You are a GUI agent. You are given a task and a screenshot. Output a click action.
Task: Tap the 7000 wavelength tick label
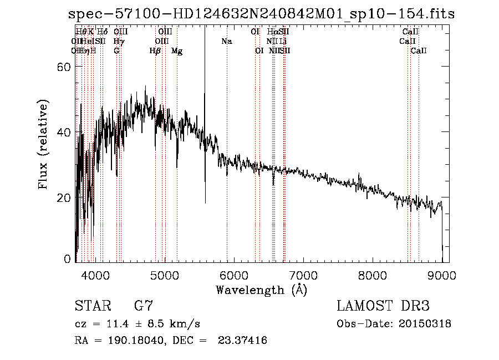303,275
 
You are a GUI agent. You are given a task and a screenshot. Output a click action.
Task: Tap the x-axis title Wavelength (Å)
261,290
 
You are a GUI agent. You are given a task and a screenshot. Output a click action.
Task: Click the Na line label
226,41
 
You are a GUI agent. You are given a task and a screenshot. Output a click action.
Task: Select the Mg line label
177,51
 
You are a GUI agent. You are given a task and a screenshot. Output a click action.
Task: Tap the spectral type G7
143,306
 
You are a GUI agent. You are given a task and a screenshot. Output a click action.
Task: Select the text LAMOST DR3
383,306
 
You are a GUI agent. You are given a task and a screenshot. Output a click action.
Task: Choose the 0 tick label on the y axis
67,259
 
